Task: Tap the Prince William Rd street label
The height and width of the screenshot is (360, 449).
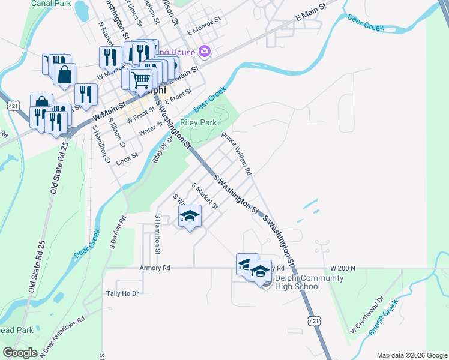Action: pos(237,153)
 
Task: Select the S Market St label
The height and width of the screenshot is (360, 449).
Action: pos(204,196)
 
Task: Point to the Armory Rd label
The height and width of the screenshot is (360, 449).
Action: pos(155,268)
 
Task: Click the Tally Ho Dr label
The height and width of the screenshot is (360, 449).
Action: pos(122,293)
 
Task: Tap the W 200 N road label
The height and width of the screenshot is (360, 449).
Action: pos(343,268)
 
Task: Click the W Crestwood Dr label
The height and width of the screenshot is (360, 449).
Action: pos(367,316)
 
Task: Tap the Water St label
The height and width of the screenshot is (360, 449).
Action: pos(151,129)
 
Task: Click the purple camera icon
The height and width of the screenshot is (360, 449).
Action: pos(205,52)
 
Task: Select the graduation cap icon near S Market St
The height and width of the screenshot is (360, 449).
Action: pos(190,216)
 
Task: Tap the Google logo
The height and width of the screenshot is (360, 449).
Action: pos(20,353)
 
